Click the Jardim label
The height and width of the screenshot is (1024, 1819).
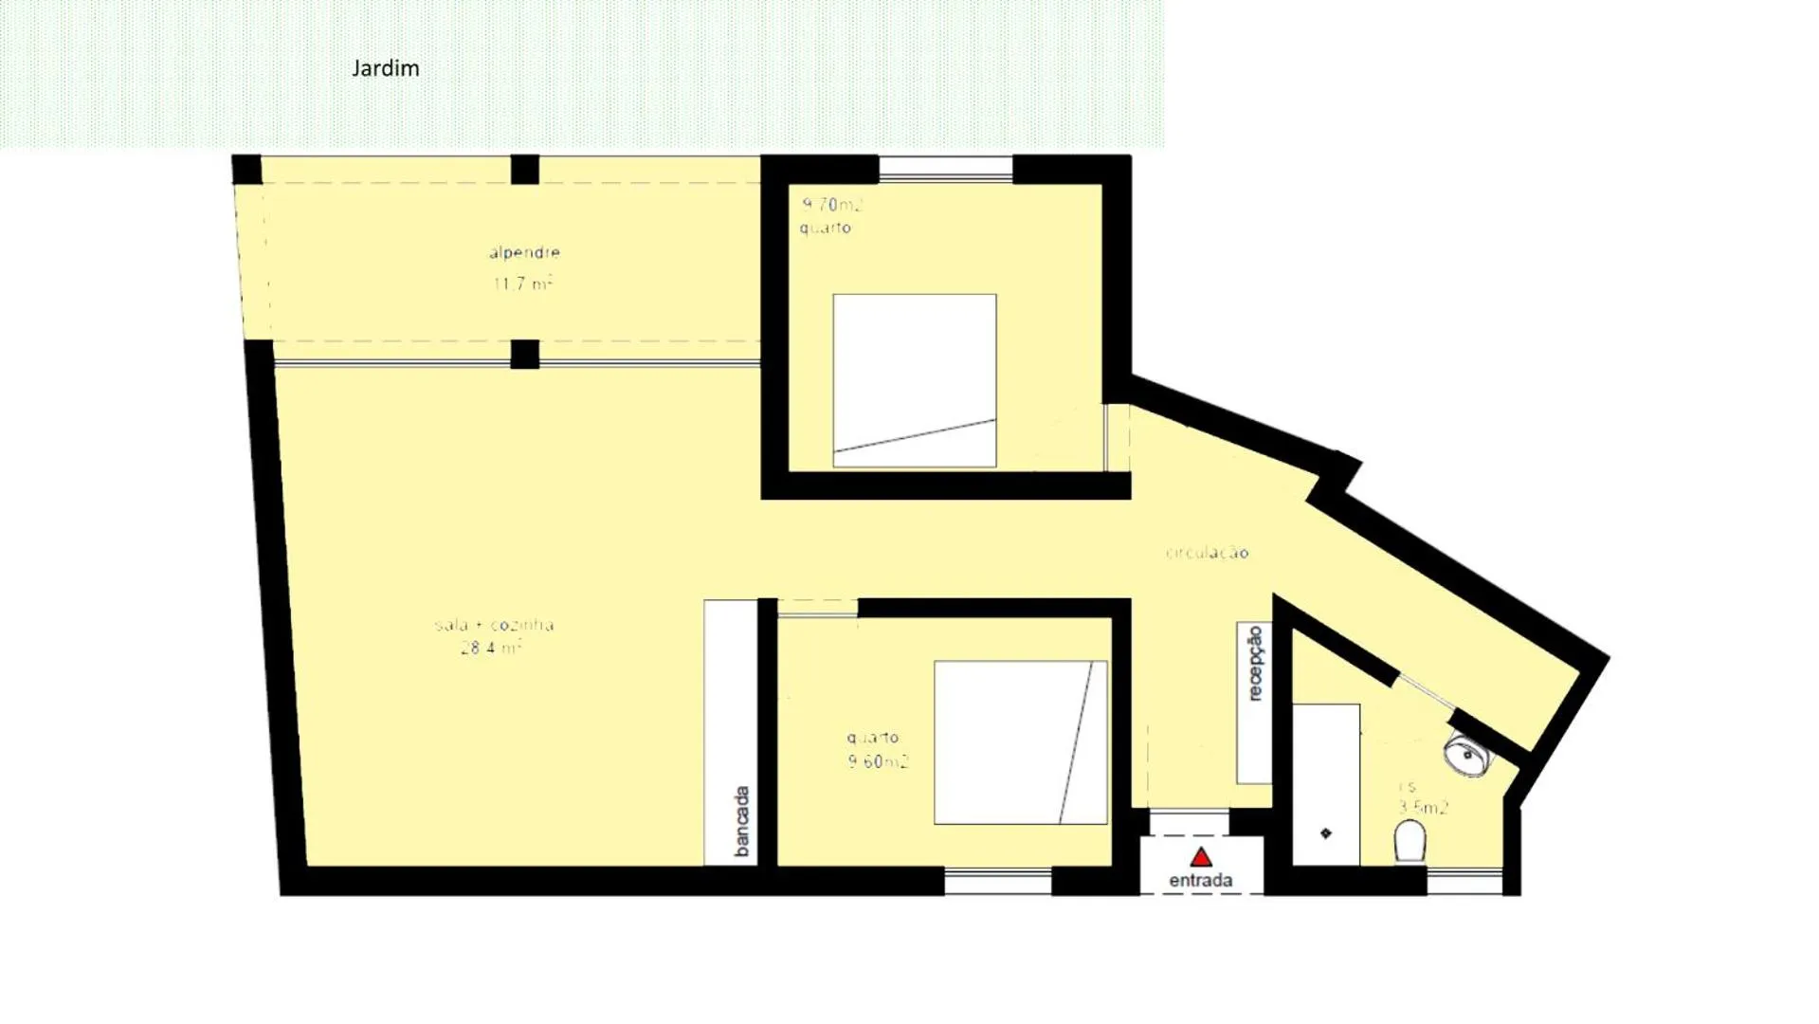point(385,68)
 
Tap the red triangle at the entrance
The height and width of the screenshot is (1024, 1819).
point(1201,858)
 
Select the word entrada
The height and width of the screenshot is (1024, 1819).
point(1200,881)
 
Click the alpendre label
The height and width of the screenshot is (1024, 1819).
point(524,252)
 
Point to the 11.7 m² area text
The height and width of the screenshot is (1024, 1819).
point(522,283)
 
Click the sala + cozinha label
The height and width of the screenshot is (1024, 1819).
point(494,625)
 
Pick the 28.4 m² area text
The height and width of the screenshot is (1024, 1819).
point(491,649)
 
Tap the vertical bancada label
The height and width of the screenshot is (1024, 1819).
point(742,821)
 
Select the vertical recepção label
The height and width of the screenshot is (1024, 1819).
point(1255,663)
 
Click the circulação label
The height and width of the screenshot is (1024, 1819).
point(1207,553)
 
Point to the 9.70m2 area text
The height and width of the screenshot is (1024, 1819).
point(832,205)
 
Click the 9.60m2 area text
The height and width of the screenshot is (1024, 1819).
point(878,761)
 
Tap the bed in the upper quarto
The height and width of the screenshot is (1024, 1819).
point(914,380)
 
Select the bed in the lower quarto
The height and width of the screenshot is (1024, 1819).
point(1020,742)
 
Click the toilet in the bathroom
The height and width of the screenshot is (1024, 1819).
point(1410,841)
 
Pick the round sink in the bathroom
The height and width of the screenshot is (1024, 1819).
point(1466,756)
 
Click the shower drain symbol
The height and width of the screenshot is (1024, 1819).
point(1325,833)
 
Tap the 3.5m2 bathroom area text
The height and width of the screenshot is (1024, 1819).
point(1423,808)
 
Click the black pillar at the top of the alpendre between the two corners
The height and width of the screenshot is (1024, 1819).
point(524,170)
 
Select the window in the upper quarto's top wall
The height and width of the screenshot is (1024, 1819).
point(945,170)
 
